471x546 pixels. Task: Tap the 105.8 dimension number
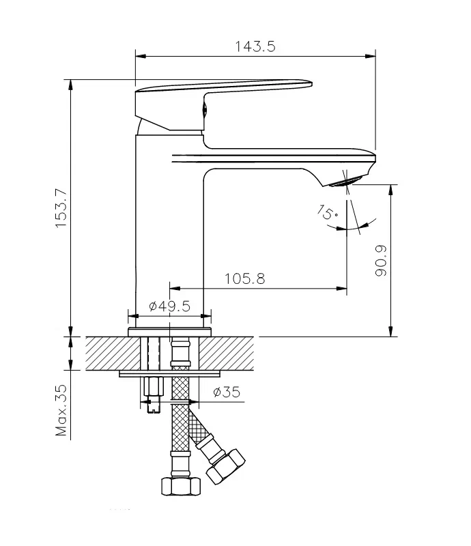coord(244,278)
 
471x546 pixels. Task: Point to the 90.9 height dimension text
coord(381,260)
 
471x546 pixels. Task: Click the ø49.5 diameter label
coord(169,306)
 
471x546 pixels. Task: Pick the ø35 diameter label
coord(226,392)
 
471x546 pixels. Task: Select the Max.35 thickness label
coord(61,409)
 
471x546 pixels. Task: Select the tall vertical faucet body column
coord(169,225)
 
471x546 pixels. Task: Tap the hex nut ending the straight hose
coord(180,486)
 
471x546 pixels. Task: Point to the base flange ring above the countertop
coord(169,332)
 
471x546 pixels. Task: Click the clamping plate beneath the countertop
coord(171,373)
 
